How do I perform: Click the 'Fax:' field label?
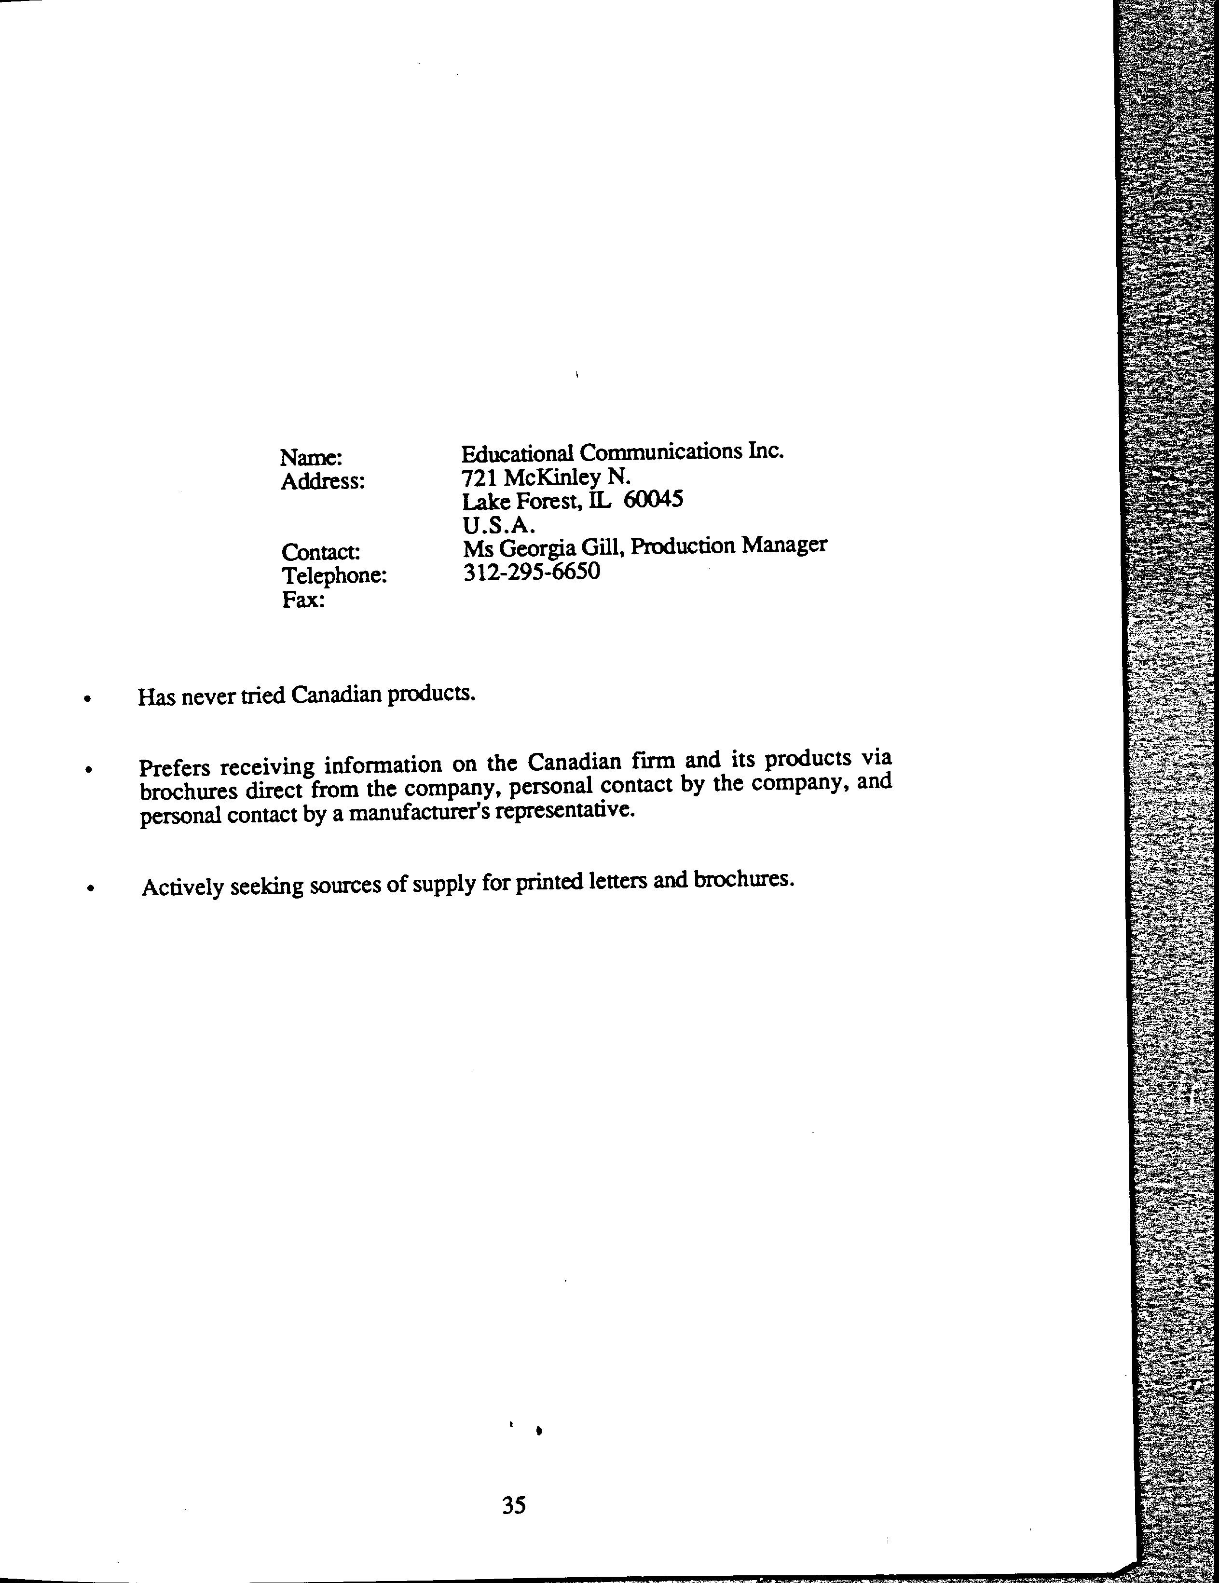(x=303, y=600)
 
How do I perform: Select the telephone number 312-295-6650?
(x=531, y=572)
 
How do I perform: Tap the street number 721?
(x=479, y=477)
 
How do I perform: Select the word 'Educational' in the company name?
(x=518, y=453)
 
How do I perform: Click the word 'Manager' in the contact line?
(x=785, y=545)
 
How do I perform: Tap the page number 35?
(x=514, y=1506)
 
